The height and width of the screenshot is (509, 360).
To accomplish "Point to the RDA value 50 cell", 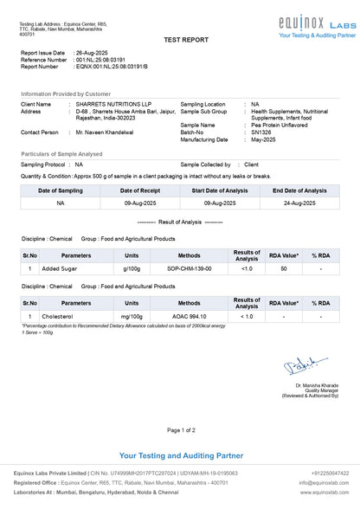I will click(x=284, y=269).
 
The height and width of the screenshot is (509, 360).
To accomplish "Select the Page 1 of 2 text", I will click(x=181, y=429).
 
